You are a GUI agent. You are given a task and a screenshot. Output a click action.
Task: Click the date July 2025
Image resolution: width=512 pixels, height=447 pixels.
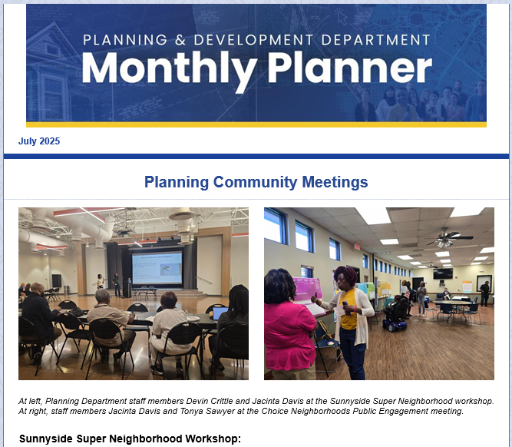coord(39,141)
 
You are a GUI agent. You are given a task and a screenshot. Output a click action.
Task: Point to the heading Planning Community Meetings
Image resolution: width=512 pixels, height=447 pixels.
coord(256,182)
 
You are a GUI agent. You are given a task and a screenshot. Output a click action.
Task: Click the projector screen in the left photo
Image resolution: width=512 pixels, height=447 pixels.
coord(157,268)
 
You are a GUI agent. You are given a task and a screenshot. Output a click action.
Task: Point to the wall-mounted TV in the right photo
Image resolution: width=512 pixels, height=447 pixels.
coord(442,273)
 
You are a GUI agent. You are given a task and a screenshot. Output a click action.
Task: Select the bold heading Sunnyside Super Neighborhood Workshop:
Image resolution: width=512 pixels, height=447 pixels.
coord(130,439)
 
